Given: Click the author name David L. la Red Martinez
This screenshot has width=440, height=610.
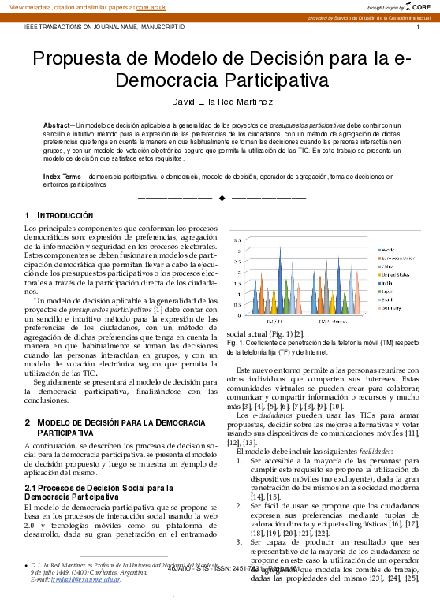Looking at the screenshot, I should pos(223,102).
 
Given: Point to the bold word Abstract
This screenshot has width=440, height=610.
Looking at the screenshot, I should pos(56,125).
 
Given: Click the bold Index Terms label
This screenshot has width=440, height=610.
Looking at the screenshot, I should pos(61,177).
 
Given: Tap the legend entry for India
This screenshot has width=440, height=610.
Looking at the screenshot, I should pos(388,281).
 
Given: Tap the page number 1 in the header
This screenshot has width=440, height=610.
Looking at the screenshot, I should pos(417,27).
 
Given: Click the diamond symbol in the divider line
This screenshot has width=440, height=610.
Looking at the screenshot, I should pos(222,197).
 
